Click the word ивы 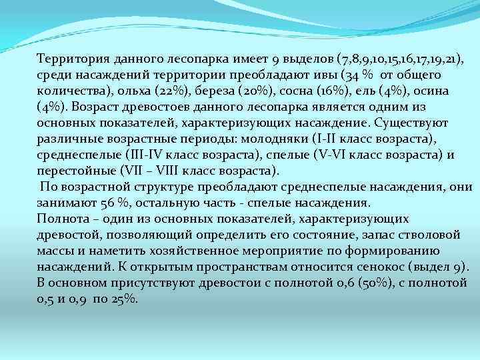[327, 76]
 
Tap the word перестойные [73, 171]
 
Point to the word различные [67, 139]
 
